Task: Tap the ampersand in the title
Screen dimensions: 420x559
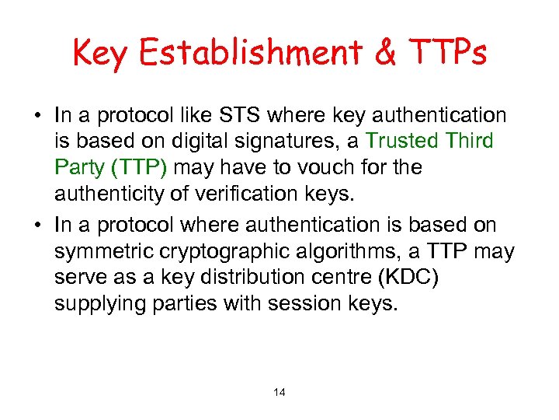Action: (387, 53)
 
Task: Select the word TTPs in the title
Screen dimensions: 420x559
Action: (448, 53)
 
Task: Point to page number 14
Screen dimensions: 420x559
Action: (279, 393)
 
